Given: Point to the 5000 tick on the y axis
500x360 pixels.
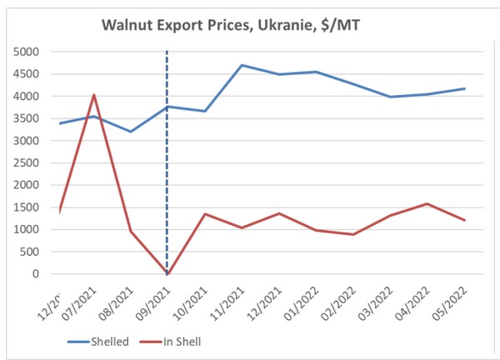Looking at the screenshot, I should click(x=29, y=52).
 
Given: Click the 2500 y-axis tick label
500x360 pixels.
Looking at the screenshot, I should click(x=29, y=162).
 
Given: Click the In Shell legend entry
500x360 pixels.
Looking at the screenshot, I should click(x=179, y=341).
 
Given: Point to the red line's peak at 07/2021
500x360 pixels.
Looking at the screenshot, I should click(x=94, y=95).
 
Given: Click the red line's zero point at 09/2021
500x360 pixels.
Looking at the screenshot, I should click(x=167, y=273).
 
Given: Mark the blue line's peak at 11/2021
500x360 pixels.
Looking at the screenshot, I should click(x=242, y=65).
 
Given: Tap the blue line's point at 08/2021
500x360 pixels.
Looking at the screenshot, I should click(x=131, y=132).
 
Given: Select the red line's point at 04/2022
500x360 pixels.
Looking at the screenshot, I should click(x=427, y=203).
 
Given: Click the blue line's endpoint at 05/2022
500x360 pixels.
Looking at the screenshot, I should click(x=464, y=88).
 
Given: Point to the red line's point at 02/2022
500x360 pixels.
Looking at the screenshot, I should click(x=353, y=234).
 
